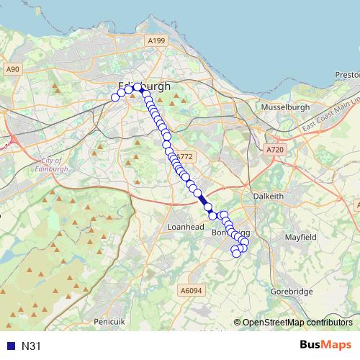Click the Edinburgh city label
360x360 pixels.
[145, 86]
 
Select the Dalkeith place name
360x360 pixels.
[269, 196]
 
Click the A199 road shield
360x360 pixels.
[156, 42]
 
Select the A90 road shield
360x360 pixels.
[12, 69]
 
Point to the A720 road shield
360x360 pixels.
[274, 149]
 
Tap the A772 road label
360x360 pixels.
[185, 156]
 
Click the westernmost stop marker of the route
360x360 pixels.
[115, 97]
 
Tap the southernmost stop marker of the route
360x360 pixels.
[235, 253]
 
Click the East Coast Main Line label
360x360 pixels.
[330, 115]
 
